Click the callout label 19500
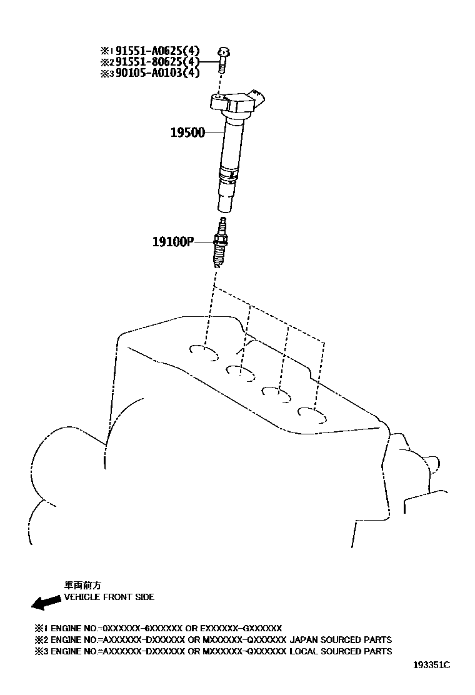pos(187,132)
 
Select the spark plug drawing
pos(219,244)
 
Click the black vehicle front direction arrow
pos(45,602)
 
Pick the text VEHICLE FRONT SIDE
pos(109,597)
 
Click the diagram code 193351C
pos(431,665)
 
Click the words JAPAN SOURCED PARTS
pos(341,639)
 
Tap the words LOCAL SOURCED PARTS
pos(341,651)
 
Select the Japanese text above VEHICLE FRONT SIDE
pos(77,586)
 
